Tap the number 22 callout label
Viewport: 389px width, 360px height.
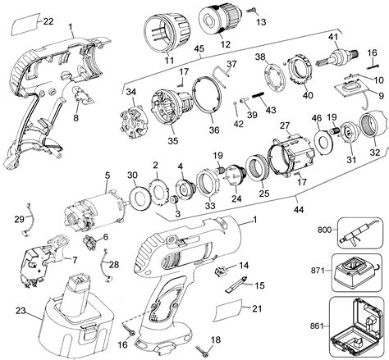tap(48, 21)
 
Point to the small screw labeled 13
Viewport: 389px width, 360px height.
tap(252, 10)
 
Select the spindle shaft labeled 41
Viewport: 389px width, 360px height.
tap(337, 57)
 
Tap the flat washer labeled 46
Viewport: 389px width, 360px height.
tap(323, 141)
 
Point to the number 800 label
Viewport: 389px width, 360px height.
tap(324, 230)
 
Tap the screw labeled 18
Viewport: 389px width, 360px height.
tap(203, 351)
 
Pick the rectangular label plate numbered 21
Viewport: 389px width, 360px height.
tap(228, 310)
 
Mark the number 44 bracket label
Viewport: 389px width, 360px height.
tap(299, 210)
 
